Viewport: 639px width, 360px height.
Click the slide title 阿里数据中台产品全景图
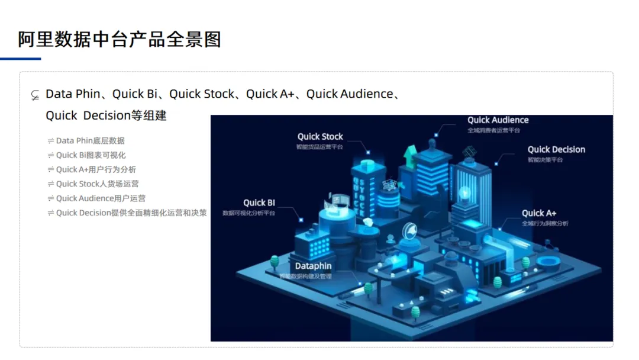[120, 39]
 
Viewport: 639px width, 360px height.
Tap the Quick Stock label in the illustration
[320, 137]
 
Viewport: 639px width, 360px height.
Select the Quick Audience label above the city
[498, 120]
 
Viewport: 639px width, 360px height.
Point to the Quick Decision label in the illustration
[556, 150]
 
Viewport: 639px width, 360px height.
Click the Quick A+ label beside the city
[539, 213]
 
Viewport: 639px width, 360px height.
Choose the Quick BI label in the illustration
[259, 203]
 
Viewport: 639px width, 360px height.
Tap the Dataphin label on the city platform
[314, 266]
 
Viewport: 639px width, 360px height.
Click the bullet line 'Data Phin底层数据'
[90, 141]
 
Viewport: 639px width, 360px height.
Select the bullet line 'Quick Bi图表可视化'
[91, 155]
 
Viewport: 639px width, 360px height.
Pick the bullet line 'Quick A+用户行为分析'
[96, 169]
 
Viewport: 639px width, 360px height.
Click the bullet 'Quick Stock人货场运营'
[97, 184]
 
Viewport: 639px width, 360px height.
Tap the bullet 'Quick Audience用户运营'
[101, 198]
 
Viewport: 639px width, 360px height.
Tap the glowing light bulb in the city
[465, 193]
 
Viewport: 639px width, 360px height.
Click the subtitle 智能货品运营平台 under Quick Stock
[320, 147]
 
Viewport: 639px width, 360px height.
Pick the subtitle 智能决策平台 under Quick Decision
[545, 160]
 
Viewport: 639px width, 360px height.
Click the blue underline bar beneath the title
[21, 59]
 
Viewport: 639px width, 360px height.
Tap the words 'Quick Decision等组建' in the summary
[106, 115]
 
